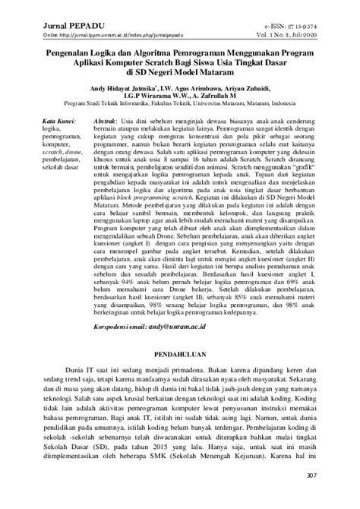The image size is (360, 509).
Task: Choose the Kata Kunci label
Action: point(59,122)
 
